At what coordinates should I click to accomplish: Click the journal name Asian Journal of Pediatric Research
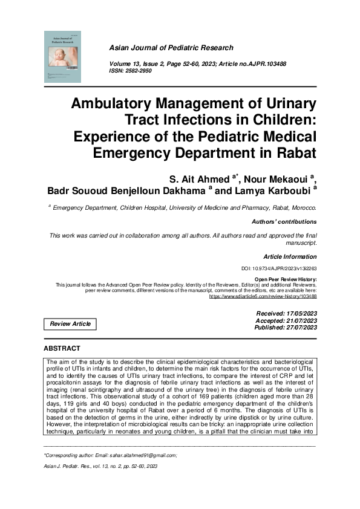(170, 48)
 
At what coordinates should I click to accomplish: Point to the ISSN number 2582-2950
(139, 71)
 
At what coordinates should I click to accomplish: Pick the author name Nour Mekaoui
(282, 178)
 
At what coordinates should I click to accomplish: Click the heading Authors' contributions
(284, 222)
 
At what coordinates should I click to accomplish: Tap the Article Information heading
(290, 257)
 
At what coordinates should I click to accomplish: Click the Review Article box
(70, 324)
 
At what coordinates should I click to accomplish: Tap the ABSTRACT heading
(62, 349)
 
